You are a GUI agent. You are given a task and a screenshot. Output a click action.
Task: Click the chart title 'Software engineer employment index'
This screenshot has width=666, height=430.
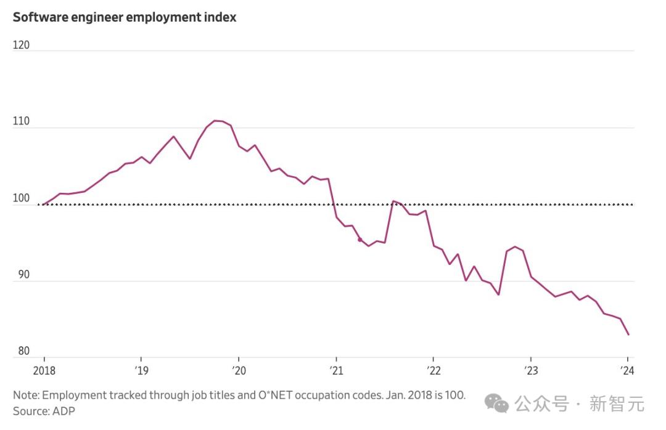tap(125, 17)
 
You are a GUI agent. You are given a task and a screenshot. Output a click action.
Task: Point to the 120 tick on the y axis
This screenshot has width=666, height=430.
tap(21, 45)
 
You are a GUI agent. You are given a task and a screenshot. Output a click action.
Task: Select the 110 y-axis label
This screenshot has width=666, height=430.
tap(21, 122)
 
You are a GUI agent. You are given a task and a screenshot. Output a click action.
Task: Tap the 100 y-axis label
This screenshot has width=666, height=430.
tap(21, 198)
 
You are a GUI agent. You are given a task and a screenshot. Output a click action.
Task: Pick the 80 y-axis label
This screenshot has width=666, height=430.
tap(23, 351)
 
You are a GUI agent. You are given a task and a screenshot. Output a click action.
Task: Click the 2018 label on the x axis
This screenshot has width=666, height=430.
tap(44, 370)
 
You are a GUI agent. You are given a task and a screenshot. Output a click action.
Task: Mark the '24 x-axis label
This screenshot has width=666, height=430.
tap(628, 370)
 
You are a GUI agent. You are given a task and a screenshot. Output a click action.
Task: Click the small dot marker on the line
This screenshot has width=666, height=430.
tap(360, 240)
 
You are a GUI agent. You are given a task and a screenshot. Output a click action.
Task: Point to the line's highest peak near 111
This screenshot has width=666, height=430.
tap(215, 121)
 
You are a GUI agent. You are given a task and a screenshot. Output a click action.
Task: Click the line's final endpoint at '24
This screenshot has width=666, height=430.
tap(628, 335)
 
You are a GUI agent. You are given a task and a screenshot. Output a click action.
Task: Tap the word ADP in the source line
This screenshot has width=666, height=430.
tap(64, 410)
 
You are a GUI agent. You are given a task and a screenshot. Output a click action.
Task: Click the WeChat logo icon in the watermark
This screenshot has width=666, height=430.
tap(496, 404)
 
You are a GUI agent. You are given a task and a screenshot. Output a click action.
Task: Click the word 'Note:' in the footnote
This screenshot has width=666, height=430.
tap(26, 394)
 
